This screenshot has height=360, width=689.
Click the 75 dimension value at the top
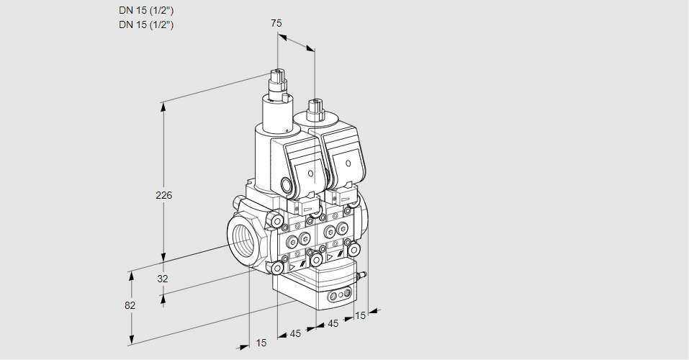[276, 23]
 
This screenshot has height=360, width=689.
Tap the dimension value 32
[163, 279]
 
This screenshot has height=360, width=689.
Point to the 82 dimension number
[130, 305]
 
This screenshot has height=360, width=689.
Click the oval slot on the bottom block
[339, 295]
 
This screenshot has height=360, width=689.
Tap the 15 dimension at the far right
[361, 315]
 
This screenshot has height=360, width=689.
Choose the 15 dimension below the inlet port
[261, 343]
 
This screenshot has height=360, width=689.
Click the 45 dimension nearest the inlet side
[294, 333]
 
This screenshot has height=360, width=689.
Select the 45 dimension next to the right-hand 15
[333, 323]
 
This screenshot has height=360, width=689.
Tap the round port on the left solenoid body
[289, 186]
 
